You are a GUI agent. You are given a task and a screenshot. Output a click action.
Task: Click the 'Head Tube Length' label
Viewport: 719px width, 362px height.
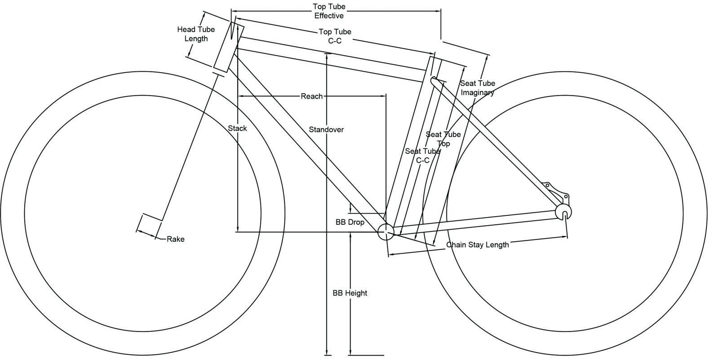coord(196,34)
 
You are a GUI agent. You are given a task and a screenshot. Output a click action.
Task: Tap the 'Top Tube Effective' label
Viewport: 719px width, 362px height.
coord(328,12)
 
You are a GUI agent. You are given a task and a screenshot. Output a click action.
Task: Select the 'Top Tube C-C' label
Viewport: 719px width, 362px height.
coord(335,36)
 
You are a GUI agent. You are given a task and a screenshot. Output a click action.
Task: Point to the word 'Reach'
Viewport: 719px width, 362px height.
coord(312,96)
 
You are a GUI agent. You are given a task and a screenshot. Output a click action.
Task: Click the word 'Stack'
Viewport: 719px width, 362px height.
coord(237,128)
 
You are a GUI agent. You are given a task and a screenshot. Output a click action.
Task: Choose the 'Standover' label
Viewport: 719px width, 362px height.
coord(326,130)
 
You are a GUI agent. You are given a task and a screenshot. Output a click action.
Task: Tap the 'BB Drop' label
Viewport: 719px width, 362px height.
coord(350,222)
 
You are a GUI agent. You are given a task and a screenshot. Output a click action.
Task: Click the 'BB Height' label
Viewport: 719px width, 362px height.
coord(350,293)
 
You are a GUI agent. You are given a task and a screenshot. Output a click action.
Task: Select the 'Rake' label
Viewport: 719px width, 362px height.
coord(175,239)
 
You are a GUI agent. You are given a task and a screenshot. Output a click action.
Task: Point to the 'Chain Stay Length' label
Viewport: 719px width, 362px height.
coord(477,244)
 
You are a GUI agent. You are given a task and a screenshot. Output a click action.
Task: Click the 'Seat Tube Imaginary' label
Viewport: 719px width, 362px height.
coord(477,88)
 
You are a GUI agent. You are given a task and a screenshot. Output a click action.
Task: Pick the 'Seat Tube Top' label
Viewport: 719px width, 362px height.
coord(443,139)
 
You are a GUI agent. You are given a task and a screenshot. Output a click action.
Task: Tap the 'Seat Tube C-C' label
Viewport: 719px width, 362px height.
coord(422,156)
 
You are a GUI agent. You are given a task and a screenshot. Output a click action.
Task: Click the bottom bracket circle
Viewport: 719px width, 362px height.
coord(386,232)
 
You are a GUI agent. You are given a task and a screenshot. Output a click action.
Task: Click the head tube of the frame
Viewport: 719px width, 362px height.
coord(228,47)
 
